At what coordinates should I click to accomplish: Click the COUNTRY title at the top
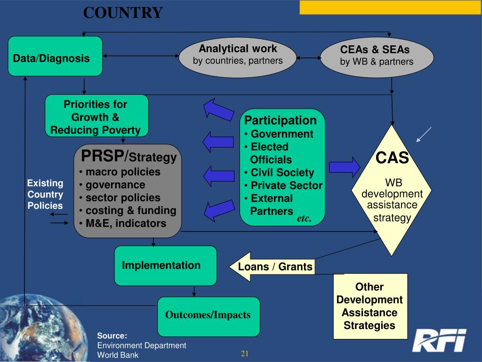pos(123,13)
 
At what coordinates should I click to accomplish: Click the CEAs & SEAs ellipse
pos(376,56)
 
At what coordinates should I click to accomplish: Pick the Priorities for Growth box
pos(96,117)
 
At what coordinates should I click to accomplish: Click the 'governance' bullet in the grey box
pos(115,185)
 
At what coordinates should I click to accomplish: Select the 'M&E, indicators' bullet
pos(125,223)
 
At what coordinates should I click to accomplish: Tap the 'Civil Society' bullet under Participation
pos(282,173)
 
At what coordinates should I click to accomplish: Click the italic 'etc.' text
pos(304,219)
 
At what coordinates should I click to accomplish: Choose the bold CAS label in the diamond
pos(392,157)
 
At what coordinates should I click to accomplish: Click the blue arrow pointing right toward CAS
pos(344,166)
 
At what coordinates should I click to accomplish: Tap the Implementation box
pos(165,265)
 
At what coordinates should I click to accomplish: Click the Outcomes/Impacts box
pos(208,315)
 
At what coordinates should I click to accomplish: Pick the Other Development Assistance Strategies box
pos(369,306)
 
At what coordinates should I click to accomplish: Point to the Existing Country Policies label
pos(45,194)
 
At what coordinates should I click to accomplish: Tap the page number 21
pos(245,354)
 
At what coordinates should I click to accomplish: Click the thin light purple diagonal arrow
pos(424,134)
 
